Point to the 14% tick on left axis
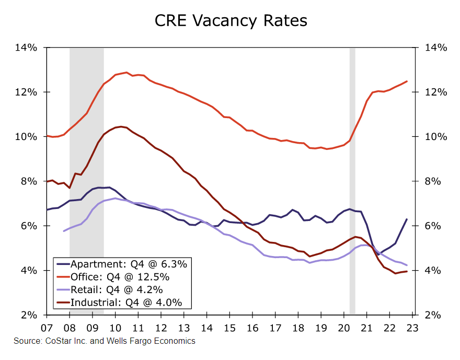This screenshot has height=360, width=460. point(26,48)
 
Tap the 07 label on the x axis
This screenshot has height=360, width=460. point(47,328)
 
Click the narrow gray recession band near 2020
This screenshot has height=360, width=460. point(352,157)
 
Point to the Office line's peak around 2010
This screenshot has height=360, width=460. point(126,73)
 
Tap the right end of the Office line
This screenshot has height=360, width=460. point(407,81)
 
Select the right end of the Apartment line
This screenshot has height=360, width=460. point(407,219)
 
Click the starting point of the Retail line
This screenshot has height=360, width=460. point(64,231)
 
